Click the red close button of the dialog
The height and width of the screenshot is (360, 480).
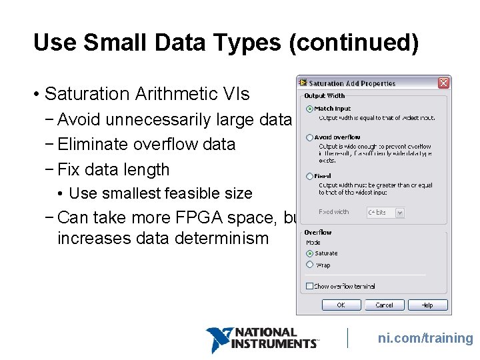443,83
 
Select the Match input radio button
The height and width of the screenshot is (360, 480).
309,109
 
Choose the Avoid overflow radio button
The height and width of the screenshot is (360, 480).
309,137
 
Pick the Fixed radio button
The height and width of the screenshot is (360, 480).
309,176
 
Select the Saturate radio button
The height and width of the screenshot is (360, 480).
309,253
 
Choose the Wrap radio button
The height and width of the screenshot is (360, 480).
309,265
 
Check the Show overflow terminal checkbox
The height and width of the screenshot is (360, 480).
309,286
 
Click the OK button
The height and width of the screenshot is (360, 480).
341,305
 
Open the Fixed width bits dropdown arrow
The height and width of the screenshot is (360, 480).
399,213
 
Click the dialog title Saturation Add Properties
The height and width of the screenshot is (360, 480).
352,84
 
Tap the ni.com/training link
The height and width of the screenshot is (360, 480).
425,338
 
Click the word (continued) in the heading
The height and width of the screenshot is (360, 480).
354,43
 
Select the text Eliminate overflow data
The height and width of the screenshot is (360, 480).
147,144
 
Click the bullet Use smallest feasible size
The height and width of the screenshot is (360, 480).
160,193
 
